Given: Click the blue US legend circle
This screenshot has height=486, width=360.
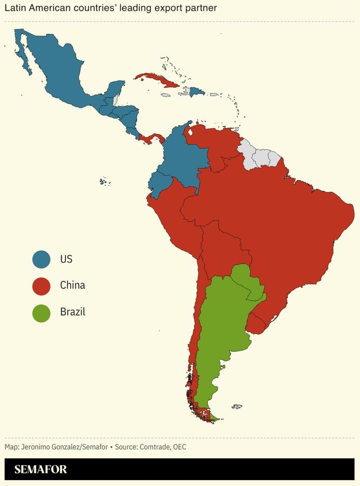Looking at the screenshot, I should pos(41,259).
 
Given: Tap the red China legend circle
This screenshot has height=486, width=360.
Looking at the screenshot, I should pos(41,286).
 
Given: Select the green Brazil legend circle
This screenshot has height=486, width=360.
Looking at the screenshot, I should pos(41,312).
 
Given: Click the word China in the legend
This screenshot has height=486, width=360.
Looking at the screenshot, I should pos(72,285).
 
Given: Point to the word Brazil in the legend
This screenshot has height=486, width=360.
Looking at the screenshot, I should pos(72,312).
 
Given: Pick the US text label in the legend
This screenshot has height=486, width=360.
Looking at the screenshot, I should pos(66,259).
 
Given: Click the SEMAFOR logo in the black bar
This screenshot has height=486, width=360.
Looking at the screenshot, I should pos(40,469).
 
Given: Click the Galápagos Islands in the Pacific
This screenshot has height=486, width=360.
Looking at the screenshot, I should pos(103,182).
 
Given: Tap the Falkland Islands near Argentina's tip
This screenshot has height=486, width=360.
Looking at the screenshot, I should pos(237,406).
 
